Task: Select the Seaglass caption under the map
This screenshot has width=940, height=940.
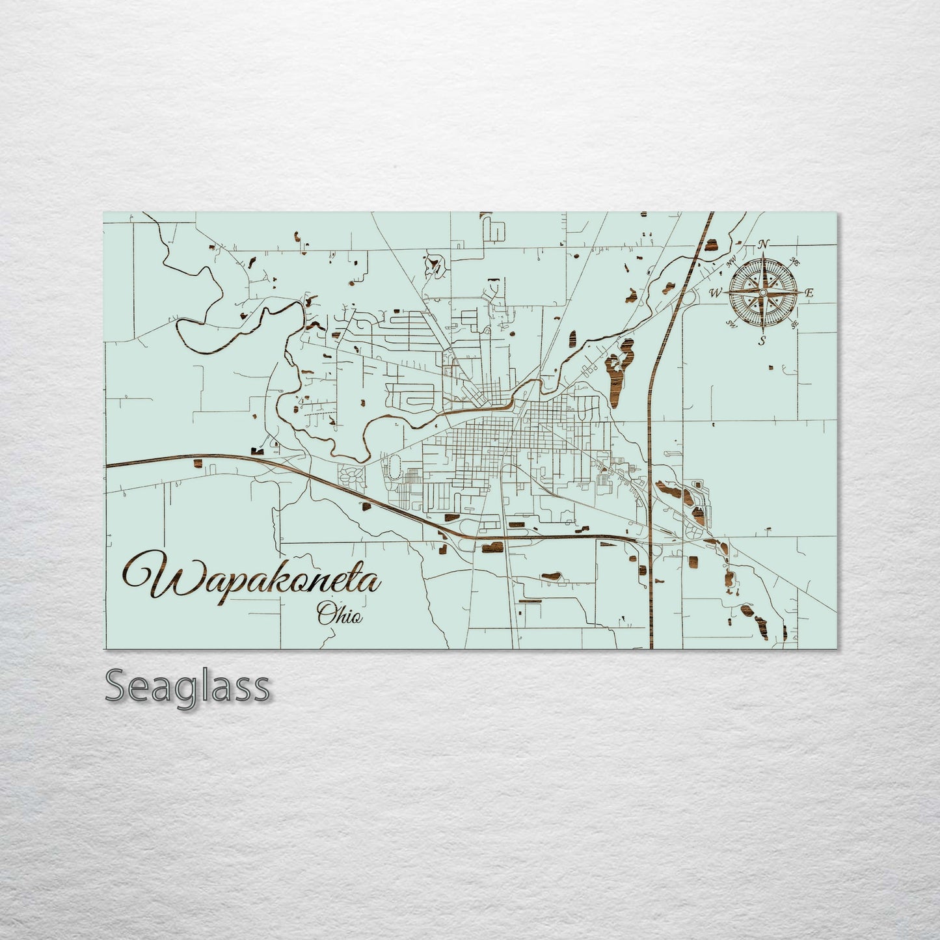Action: click(x=187, y=686)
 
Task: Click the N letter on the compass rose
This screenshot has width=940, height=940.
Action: click(x=764, y=245)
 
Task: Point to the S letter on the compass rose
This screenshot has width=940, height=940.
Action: click(x=762, y=340)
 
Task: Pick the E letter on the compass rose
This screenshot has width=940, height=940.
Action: click(x=809, y=293)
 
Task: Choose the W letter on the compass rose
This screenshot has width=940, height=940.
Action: click(x=715, y=293)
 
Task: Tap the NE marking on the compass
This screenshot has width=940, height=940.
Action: click(x=794, y=262)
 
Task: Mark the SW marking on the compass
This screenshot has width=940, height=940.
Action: click(x=731, y=324)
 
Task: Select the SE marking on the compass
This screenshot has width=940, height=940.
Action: click(x=794, y=324)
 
